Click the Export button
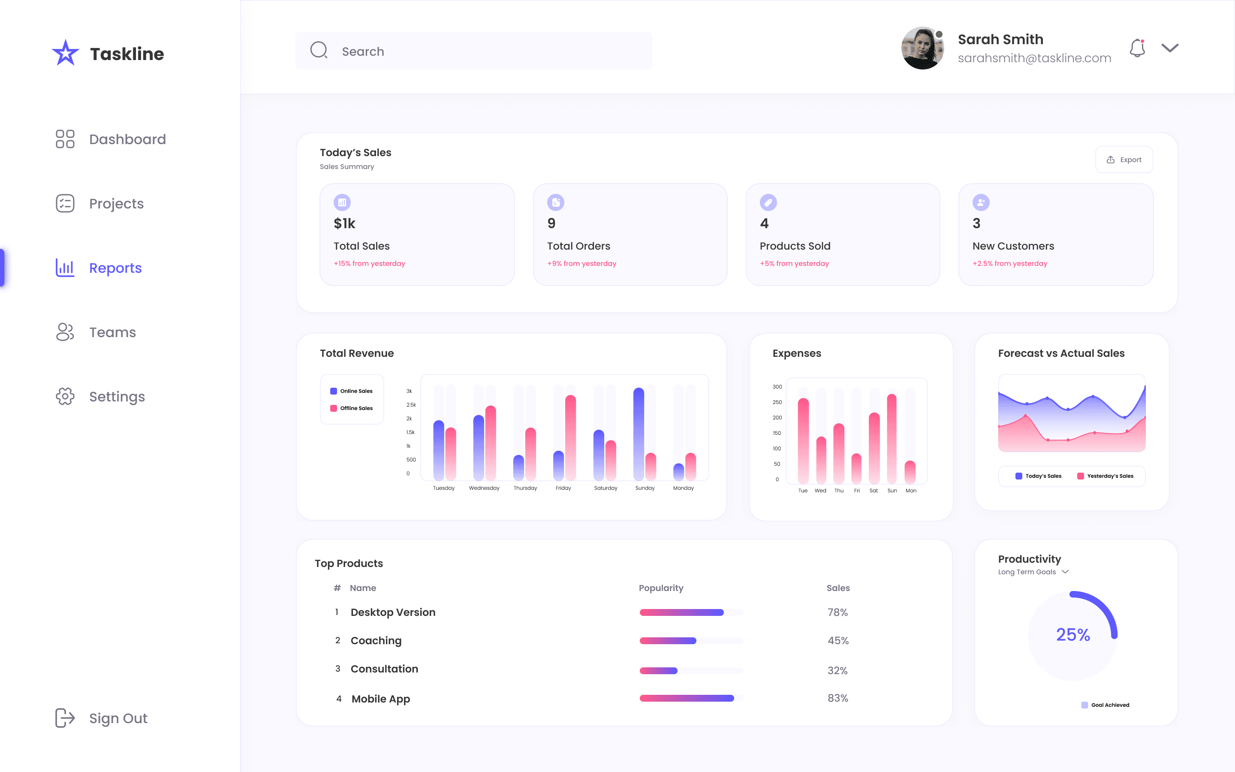click(x=1124, y=160)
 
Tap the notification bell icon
click(x=1137, y=48)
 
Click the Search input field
click(x=473, y=51)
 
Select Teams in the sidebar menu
click(x=112, y=332)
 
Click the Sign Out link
click(x=117, y=718)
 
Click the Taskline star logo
click(x=65, y=53)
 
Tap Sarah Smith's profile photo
click(x=922, y=48)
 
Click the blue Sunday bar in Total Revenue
click(x=639, y=434)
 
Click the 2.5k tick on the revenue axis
click(x=411, y=405)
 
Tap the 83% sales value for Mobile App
click(x=837, y=698)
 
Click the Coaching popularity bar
click(x=668, y=641)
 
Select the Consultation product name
click(x=384, y=669)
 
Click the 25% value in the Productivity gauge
click(x=1073, y=635)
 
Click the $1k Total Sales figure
click(x=344, y=223)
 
